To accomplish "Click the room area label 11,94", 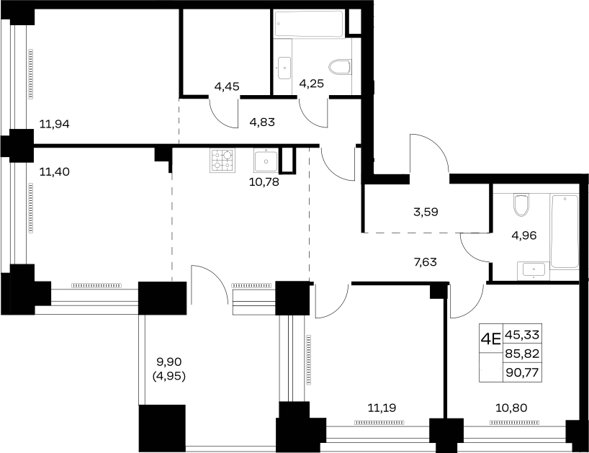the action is point(55,124).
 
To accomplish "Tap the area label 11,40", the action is point(55,172).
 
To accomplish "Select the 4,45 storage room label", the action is point(227,86).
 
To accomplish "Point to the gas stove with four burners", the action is point(222,161).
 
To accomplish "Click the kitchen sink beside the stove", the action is point(266,161).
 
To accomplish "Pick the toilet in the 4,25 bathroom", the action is point(340,68).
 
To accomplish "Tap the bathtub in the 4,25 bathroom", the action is point(309,24).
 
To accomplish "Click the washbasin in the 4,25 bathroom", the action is point(284,68).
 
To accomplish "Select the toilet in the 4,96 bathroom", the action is point(521,205).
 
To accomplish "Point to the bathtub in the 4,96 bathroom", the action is point(565,231).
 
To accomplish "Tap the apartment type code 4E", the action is point(491,339).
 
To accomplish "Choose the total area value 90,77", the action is point(522,373).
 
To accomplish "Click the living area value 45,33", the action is point(522,334).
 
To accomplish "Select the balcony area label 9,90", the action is point(169,362).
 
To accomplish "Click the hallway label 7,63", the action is point(426,262).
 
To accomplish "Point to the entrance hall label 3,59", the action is point(426,212).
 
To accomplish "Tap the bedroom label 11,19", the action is point(382,408).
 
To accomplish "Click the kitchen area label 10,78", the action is point(264,182).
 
